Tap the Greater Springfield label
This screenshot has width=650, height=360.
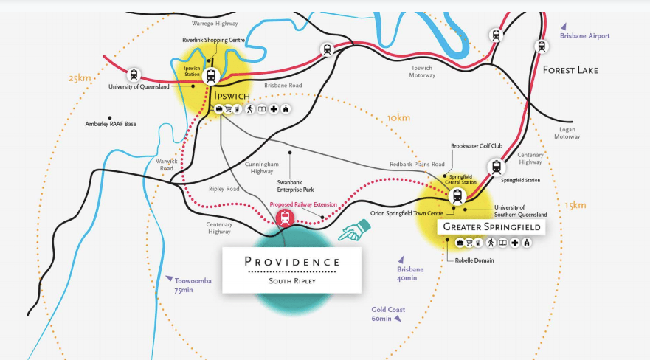click(x=491, y=226)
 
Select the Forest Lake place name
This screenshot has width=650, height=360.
click(x=570, y=70)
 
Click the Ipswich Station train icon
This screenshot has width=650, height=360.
click(x=212, y=75)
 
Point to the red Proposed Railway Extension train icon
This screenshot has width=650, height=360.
click(x=284, y=217)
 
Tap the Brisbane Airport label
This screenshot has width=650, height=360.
click(x=584, y=35)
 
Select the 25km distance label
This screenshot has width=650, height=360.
click(x=79, y=77)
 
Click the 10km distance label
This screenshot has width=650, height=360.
click(x=398, y=117)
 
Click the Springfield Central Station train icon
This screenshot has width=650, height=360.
click(x=457, y=196)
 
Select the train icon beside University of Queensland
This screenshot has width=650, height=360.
click(x=134, y=75)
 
